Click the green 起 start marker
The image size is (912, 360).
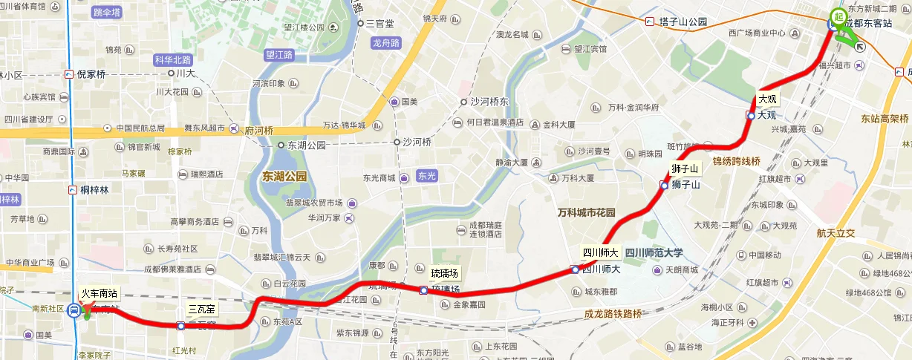pos(838,17)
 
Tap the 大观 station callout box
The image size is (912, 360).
pos(767,99)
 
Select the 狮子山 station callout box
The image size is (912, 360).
pos(684,168)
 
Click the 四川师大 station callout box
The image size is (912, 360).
pos(601,252)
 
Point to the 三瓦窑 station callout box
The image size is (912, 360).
pos(202,308)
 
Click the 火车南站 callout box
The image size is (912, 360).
pos(100,294)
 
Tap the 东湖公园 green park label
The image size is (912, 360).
pos(284,177)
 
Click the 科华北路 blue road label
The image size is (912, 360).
pos(172,59)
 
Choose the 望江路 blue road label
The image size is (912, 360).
pos(279,55)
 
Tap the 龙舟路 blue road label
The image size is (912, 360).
pos(386,42)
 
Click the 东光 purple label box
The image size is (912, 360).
pos(427,177)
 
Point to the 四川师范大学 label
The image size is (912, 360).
pos(653,252)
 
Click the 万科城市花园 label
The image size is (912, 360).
pos(587,213)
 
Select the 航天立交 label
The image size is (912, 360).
pos(836,233)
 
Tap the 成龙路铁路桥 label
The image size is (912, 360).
pos(613,314)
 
